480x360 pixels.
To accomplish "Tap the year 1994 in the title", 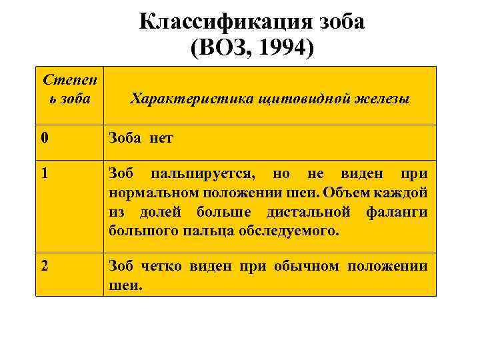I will coord(285,49).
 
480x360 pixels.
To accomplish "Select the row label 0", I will coord(44,139).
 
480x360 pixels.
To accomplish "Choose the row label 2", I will coord(44,267).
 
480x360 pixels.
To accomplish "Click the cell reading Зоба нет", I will coord(141,139).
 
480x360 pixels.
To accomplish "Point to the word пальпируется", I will coord(201,175).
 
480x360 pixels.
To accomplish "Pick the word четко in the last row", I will coord(163,267).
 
